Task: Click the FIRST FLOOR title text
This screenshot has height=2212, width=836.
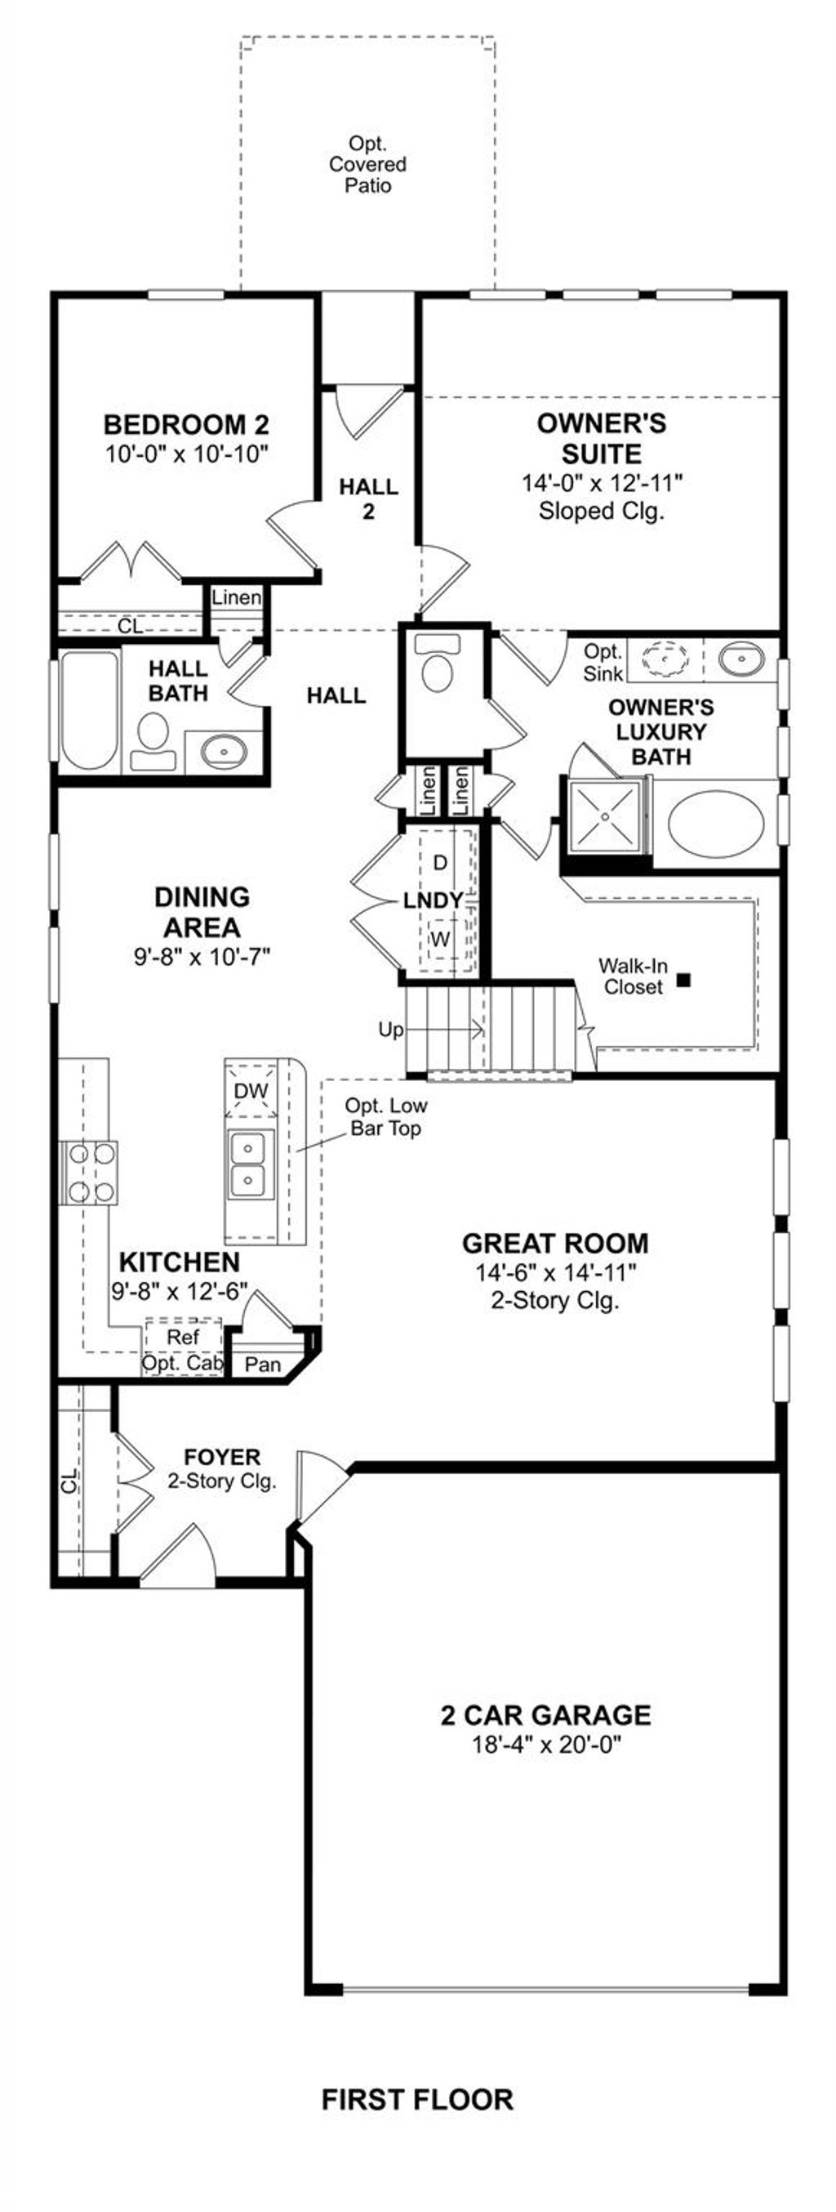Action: click(x=417, y=2099)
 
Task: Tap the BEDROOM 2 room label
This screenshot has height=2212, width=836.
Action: click(x=186, y=424)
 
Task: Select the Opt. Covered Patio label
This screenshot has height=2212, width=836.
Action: click(x=367, y=164)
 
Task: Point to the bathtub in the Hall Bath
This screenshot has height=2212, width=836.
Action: click(x=89, y=709)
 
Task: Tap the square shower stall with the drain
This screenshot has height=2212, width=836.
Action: click(x=606, y=816)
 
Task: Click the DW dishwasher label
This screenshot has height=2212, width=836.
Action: click(x=251, y=1091)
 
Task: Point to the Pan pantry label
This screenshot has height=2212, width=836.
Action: click(x=263, y=1364)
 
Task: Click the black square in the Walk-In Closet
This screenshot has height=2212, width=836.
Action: click(x=683, y=978)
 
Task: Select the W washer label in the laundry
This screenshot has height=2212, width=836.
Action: click(x=439, y=940)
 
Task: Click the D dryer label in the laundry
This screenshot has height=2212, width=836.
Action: click(x=440, y=862)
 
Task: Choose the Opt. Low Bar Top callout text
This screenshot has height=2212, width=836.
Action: click(x=386, y=1116)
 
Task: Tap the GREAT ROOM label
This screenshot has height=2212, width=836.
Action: click(x=554, y=1244)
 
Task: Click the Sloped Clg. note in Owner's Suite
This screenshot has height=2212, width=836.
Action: click(x=602, y=511)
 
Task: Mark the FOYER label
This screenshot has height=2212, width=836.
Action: click(x=222, y=1457)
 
